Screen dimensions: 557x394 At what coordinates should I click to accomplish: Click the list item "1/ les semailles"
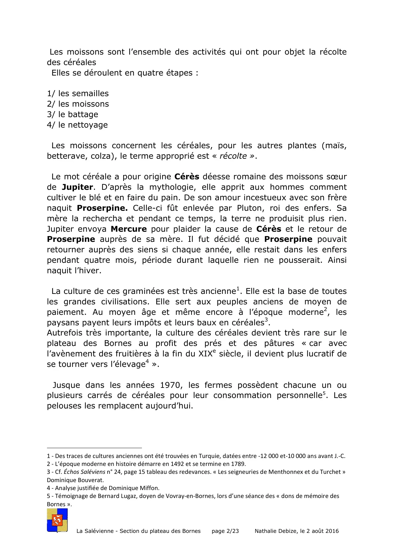pyautogui.click(x=78, y=94)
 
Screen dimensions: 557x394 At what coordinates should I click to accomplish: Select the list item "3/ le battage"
pyautogui.click(x=72, y=115)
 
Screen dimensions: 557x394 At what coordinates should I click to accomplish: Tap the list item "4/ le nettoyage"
pyautogui.click(x=77, y=125)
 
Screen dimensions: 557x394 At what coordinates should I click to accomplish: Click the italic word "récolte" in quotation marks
pyautogui.click(x=233, y=156)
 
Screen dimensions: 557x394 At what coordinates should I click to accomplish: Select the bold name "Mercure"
pyautogui.click(x=129, y=229)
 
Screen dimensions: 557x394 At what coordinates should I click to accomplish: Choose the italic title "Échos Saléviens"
pyautogui.click(x=84, y=472)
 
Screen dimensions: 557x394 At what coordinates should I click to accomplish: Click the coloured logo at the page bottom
pyautogui.click(x=57, y=520)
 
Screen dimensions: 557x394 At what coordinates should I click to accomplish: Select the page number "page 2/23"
pyautogui.click(x=225, y=531)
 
